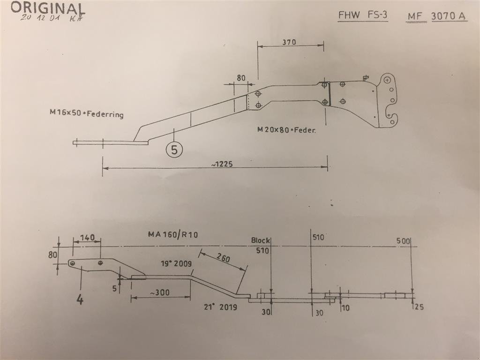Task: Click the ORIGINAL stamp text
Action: pyautogui.click(x=47, y=7)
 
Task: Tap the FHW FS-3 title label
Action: pyautogui.click(x=363, y=15)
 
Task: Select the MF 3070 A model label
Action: pyautogui.click(x=436, y=16)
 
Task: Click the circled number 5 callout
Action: pyautogui.click(x=174, y=150)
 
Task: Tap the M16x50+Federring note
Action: pyautogui.click(x=86, y=113)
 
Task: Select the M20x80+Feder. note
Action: pyautogui.click(x=286, y=130)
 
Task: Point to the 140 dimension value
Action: pyautogui.click(x=87, y=238)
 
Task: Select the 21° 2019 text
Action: pyautogui.click(x=220, y=307)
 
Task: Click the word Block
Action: pyautogui.click(x=260, y=240)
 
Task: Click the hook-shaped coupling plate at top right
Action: pyautogui.click(x=389, y=101)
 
